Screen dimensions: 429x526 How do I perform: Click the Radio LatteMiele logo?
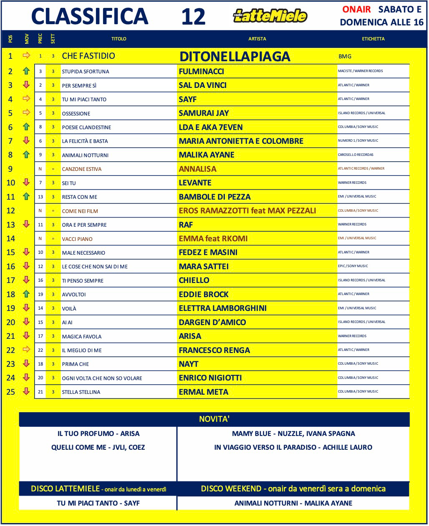270,16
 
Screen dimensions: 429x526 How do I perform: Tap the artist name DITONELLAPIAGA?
235,56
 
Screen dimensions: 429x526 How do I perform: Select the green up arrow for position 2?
26,71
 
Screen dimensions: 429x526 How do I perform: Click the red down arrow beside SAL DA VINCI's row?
26,85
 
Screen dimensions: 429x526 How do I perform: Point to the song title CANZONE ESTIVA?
82,169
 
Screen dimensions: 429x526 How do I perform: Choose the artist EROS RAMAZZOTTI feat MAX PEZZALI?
247,210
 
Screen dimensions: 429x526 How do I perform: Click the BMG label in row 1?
345,56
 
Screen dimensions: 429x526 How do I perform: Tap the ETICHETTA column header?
373,39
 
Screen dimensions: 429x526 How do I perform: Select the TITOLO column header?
119,39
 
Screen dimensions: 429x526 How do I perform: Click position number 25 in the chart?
11,392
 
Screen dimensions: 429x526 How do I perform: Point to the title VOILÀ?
69,308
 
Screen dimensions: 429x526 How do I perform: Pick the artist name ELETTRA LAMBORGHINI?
222,308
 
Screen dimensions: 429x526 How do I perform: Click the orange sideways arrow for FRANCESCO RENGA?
26,350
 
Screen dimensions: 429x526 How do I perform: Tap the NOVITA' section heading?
214,419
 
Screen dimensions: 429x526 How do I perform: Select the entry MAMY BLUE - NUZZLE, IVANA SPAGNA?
293,433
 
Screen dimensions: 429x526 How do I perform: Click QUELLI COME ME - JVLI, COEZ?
98,447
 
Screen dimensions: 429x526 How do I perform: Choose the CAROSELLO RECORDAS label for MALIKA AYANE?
356,155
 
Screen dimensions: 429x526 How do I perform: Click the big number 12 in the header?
193,17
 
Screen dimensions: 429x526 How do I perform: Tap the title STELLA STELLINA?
81,392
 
